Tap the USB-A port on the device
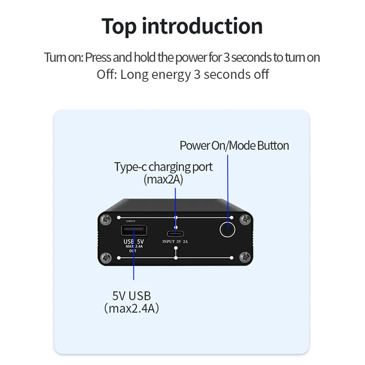(134, 229)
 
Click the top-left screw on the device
(106, 220)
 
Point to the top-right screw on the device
(245, 220)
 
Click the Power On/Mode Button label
(234, 146)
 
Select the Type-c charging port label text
(163, 167)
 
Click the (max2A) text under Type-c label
(163, 179)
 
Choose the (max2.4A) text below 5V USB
(131, 308)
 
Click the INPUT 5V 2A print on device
(176, 242)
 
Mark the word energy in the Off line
(171, 74)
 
